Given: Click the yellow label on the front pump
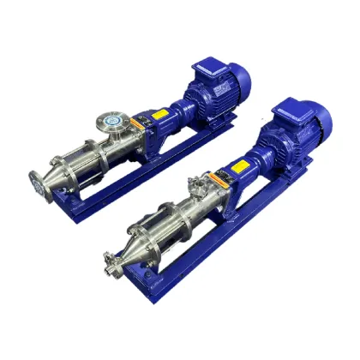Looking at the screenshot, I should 225,182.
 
